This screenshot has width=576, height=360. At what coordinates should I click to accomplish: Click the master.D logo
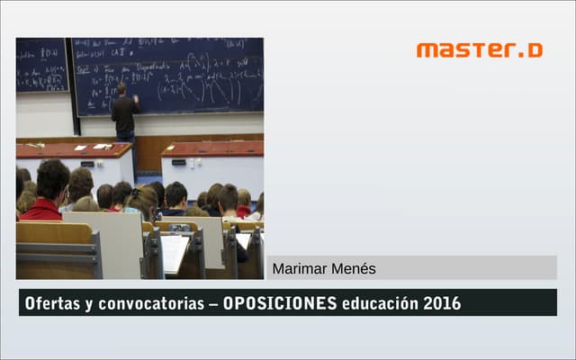tap(479, 49)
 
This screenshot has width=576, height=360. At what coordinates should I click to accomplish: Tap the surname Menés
tap(354, 268)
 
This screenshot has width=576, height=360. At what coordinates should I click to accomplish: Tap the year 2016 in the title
tap(442, 303)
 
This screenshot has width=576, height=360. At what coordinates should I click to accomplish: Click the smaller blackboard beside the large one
tap(41, 65)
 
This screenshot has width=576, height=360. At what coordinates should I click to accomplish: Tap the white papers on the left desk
tap(100, 147)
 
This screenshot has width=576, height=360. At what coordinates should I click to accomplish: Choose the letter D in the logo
tap(535, 49)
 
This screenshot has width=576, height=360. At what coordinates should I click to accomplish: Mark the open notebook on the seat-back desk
tap(174, 252)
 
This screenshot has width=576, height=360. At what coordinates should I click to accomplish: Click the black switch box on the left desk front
tap(87, 164)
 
